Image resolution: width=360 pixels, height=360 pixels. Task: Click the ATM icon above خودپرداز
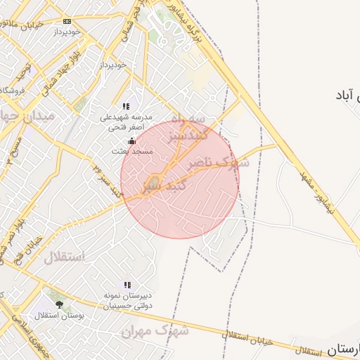coord(67,21)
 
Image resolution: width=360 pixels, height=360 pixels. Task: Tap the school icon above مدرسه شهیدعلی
coord(127,106)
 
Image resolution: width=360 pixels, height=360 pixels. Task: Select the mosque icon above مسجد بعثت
coord(131,140)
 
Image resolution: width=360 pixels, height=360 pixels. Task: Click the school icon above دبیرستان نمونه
coord(127,285)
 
